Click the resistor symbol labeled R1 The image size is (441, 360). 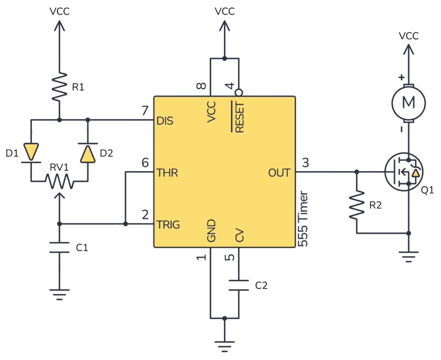pos(59,87)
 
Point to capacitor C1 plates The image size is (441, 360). pos(59,247)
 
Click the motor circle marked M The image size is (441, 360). pos(408,103)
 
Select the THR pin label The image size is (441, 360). pos(167,173)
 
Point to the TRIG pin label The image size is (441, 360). pos(168,225)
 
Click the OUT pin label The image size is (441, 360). pos(280,173)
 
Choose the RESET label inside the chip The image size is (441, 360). pos(239,117)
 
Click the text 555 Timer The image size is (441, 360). pos(303,219)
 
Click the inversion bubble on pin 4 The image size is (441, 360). pos(238,93)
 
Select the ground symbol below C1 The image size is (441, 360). pos(59,295)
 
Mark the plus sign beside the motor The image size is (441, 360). pos(401,78)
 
